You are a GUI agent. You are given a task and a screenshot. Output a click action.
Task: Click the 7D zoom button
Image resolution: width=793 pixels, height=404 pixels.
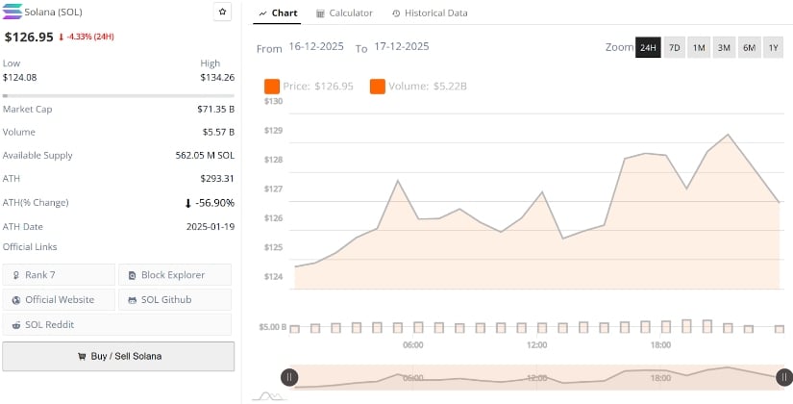point(674,47)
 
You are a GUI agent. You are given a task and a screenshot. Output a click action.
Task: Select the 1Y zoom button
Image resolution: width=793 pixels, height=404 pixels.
point(773,47)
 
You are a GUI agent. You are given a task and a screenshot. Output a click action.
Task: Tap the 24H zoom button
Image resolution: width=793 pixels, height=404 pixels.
point(648,47)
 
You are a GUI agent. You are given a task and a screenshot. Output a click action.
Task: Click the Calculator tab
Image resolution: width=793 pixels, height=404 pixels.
point(345,13)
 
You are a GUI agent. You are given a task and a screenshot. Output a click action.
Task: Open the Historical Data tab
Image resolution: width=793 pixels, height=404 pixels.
point(430,13)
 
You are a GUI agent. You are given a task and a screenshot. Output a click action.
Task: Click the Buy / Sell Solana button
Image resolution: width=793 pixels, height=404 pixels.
point(118,356)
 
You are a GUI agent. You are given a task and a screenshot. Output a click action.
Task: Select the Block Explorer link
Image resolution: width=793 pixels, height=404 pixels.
point(174,275)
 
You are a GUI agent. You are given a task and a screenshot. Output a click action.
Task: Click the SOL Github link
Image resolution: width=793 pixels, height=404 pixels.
point(174,300)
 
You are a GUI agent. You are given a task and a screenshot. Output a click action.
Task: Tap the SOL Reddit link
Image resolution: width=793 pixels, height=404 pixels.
point(59,325)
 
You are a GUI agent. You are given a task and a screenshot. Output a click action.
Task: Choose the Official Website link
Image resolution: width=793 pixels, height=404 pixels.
point(59,300)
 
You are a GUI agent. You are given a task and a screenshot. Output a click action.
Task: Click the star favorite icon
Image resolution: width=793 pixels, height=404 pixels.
point(222,13)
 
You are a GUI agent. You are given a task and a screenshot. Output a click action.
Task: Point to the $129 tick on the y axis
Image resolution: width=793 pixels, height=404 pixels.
point(273,130)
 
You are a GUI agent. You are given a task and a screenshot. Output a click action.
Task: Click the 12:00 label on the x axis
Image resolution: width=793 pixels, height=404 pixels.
point(536,344)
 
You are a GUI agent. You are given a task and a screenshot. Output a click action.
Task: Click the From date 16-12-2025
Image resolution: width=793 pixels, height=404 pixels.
point(317,47)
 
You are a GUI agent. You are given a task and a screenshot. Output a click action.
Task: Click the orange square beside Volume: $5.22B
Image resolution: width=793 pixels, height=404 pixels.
point(377,87)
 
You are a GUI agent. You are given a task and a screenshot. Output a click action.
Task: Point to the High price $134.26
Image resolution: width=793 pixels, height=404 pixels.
point(215,77)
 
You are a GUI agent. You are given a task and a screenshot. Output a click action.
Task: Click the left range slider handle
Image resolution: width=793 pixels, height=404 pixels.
point(289,377)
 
